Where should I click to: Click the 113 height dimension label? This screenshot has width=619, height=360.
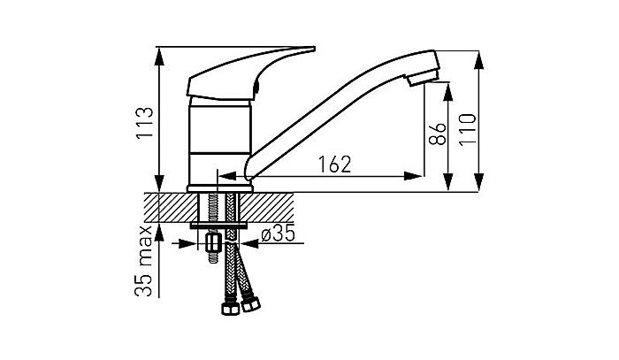tap(144, 122)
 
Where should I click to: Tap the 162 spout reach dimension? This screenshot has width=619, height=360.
tap(335, 165)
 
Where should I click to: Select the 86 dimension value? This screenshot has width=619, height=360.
tap(438, 134)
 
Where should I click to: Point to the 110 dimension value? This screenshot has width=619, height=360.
tap(468, 129)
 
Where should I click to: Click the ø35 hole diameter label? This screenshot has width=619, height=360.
tap(278, 234)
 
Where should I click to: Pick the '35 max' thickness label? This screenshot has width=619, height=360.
tap(143, 261)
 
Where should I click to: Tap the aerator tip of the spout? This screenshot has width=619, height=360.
tap(423, 77)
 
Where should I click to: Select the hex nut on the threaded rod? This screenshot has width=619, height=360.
tap(213, 242)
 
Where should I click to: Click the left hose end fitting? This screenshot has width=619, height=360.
tap(231, 308)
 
